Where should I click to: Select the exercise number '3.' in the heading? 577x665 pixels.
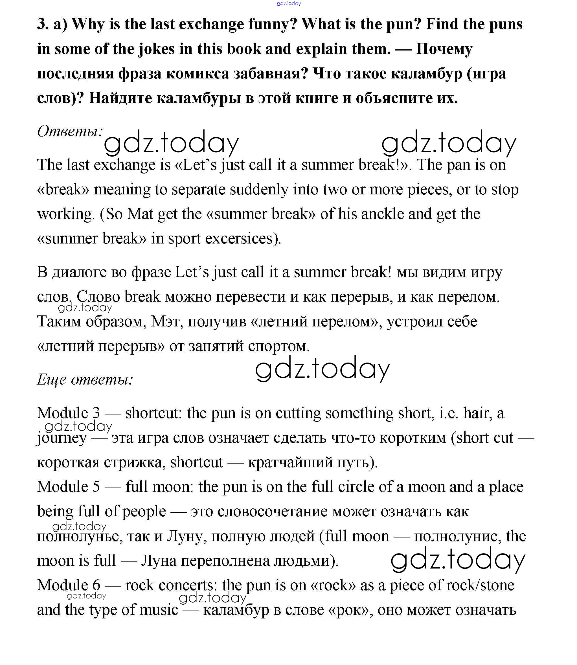click(x=43, y=25)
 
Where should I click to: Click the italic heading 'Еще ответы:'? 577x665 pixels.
click(x=85, y=379)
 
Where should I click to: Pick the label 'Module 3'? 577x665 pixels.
click(x=68, y=413)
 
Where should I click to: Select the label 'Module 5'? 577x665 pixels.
click(x=68, y=487)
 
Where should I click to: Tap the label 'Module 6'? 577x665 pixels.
click(x=68, y=585)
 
